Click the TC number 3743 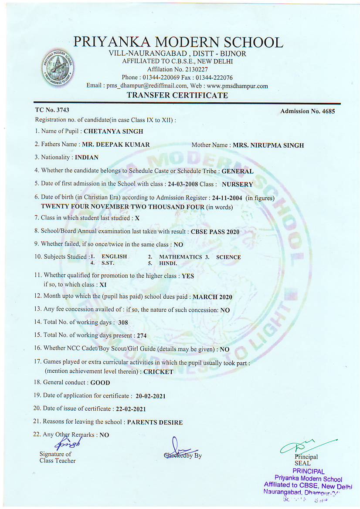point(61,110)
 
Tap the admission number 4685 point(326,111)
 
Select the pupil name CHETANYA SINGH point(113,131)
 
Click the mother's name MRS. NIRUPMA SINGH point(268,145)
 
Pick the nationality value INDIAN point(86,157)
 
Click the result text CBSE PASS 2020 point(215,232)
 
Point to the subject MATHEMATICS point(180,257)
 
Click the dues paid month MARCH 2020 point(212,297)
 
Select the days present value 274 point(142,336)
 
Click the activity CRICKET point(158,372)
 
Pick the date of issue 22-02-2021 point(129,409)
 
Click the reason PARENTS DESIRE point(155,422)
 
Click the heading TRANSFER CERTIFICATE point(177,95)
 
